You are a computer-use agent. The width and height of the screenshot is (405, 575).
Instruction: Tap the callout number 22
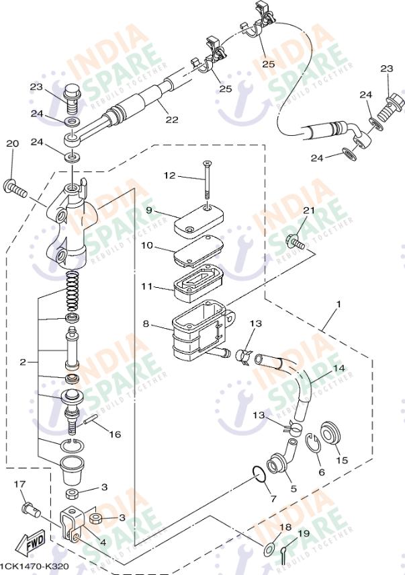click(x=172, y=120)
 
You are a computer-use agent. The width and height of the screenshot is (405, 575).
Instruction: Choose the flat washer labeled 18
click(x=267, y=549)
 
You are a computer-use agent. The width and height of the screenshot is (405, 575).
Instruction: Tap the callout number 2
click(x=23, y=362)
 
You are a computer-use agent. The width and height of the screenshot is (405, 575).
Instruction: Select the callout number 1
click(x=339, y=305)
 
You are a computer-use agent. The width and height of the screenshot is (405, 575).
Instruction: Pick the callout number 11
click(x=147, y=286)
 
